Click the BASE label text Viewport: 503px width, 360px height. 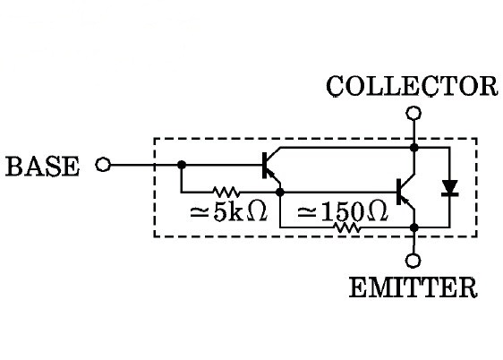coord(42,167)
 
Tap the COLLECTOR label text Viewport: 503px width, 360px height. coord(412,86)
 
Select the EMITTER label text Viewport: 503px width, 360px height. coord(413,287)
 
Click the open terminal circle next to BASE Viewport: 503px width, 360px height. coord(103,165)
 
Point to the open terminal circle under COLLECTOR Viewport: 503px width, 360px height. coord(413,113)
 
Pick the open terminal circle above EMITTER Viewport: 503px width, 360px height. coord(413,261)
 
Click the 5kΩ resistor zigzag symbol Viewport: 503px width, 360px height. coord(226,192)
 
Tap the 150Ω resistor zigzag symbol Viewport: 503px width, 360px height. coord(346,227)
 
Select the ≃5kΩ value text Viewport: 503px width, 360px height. coord(228,210)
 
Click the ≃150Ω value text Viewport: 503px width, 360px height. coord(342,211)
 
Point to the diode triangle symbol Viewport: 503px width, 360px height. coord(450,188)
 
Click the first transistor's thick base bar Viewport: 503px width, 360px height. coord(265,166)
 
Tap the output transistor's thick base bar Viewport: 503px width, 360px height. coord(399,192)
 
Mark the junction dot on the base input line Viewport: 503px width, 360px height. coord(182,165)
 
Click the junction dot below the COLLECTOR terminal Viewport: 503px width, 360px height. coord(414,147)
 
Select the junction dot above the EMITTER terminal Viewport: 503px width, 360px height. coord(414,227)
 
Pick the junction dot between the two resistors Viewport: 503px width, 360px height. coord(280,193)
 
